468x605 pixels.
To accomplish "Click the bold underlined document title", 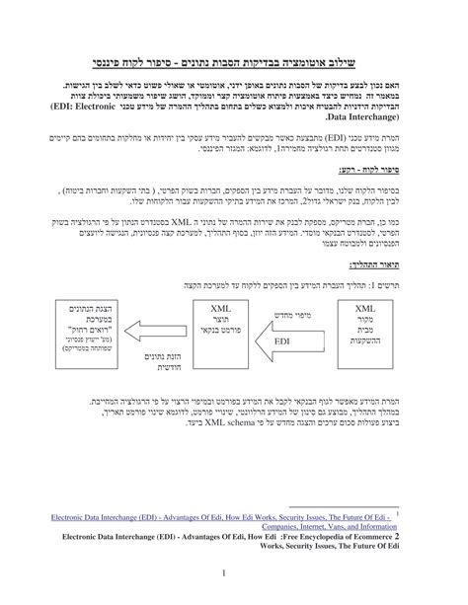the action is [234, 60].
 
